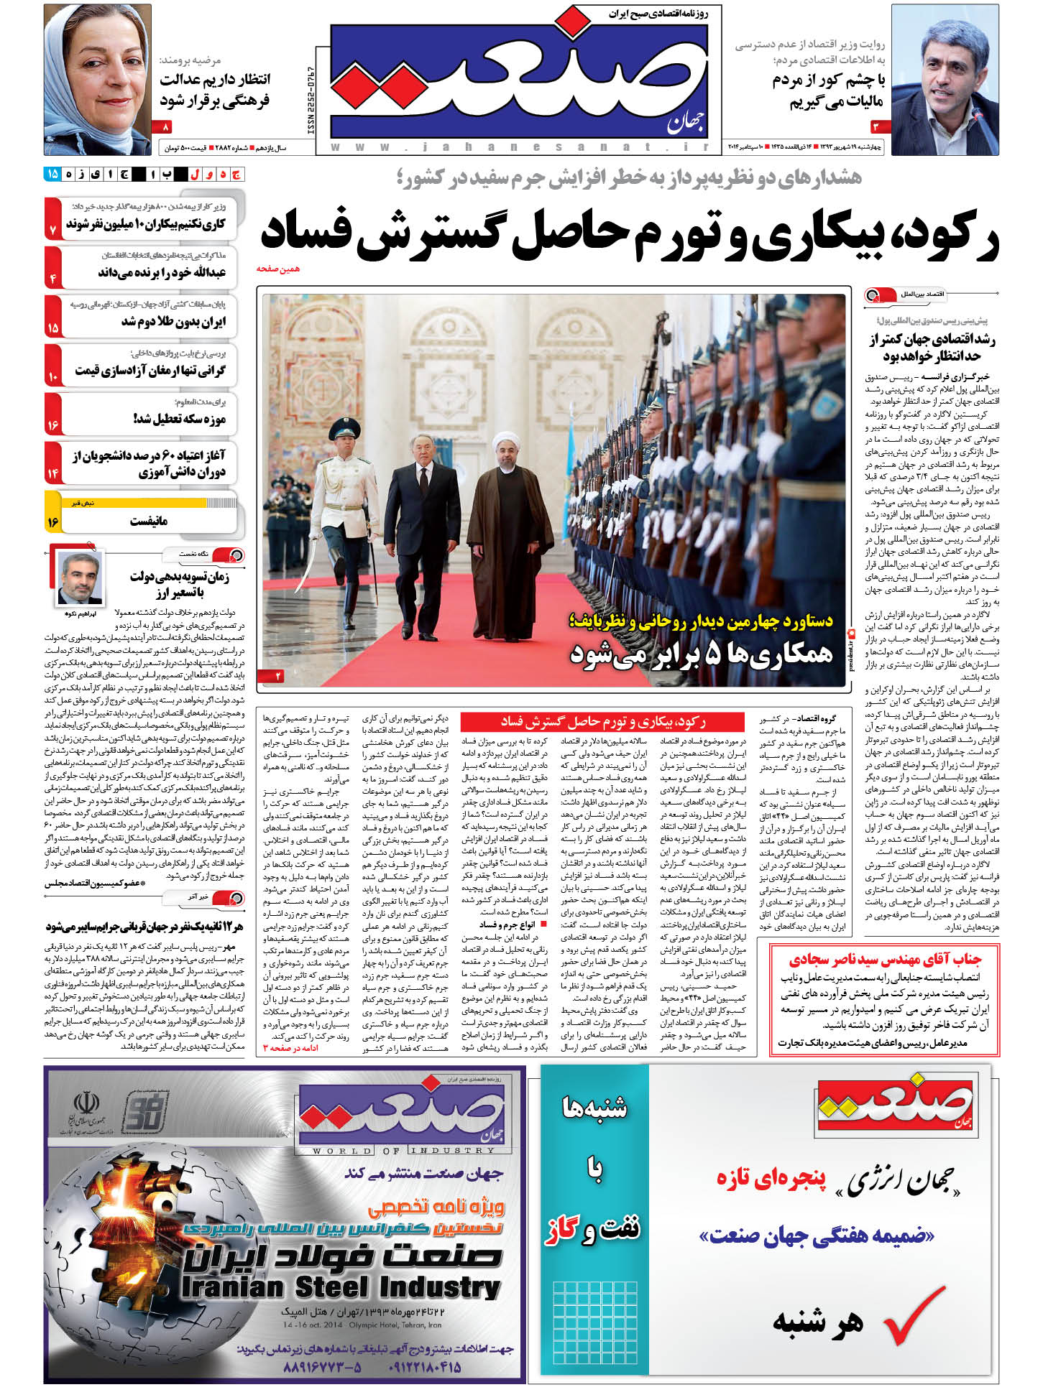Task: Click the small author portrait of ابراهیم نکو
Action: click(x=80, y=579)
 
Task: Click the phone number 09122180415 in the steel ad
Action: click(x=425, y=1368)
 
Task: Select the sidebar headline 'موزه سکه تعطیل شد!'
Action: click(x=180, y=419)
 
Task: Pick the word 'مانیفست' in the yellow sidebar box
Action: click(x=149, y=521)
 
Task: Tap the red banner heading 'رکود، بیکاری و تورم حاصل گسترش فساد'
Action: click(x=602, y=721)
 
